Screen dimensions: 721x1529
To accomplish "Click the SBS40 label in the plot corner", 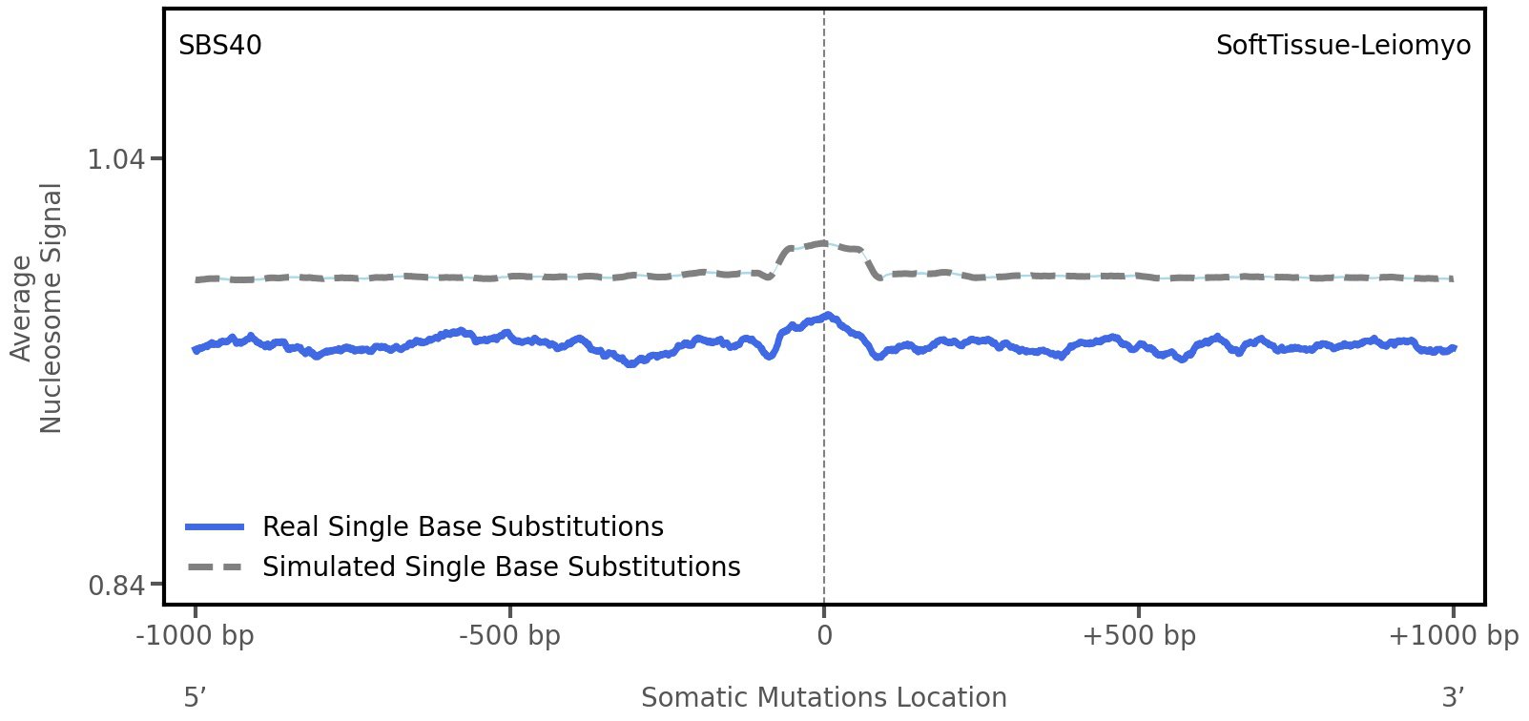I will click(x=220, y=46).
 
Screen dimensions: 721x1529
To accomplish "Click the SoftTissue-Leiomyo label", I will click(x=1343, y=46).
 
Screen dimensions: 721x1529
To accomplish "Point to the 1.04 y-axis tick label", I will click(x=116, y=159).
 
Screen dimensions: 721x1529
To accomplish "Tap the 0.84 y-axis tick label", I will click(x=116, y=585).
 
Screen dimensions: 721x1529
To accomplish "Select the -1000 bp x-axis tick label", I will click(x=196, y=636).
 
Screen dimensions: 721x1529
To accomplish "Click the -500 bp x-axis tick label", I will click(x=509, y=636).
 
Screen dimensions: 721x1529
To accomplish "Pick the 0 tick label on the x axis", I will click(x=824, y=636).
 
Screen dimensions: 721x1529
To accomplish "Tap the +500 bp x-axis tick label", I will click(x=1139, y=636).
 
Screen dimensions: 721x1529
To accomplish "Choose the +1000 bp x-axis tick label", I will click(x=1453, y=636).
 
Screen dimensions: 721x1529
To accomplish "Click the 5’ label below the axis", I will click(x=196, y=697).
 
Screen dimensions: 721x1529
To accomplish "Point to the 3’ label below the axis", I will click(x=1453, y=697).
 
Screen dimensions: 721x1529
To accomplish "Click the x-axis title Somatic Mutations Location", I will click(x=824, y=697).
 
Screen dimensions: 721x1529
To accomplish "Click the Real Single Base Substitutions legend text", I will click(x=463, y=526).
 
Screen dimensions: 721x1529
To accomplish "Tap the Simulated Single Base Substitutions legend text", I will click(x=501, y=566).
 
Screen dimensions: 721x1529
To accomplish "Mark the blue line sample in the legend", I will click(x=216, y=526).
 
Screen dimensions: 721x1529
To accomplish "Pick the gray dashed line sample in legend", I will click(x=216, y=566).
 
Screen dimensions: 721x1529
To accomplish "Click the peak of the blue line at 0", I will click(x=826, y=315).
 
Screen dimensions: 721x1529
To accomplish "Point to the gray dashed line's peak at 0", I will click(x=822, y=243).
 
